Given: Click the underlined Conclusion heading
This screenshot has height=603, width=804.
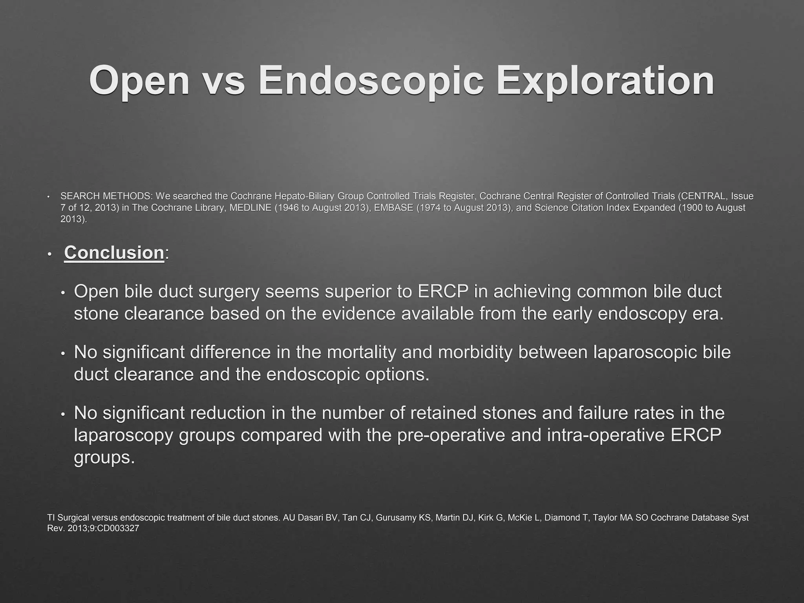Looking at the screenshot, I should [x=114, y=252].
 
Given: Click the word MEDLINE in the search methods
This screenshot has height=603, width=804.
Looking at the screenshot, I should [x=250, y=208].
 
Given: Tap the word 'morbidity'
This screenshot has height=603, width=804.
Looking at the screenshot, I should [x=475, y=352].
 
